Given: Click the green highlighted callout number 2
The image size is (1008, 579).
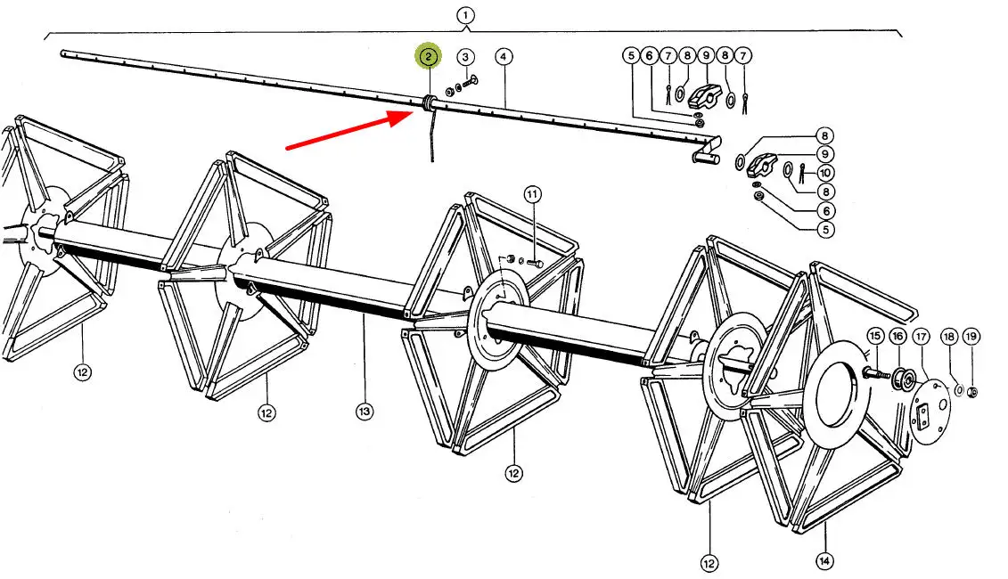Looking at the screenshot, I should tap(429, 56).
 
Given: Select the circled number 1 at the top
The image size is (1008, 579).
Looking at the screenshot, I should tap(465, 15).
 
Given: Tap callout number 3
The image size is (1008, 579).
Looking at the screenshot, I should tap(465, 57).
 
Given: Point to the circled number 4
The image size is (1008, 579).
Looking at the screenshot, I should tap(504, 57).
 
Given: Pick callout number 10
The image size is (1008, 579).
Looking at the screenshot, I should tap(826, 173).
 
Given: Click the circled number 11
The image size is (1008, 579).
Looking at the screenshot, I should tap(532, 194).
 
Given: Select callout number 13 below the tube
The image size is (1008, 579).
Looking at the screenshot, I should tap(364, 412).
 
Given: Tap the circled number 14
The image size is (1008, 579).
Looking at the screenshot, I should tap(824, 561).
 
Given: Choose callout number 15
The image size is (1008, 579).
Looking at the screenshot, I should tap(875, 336).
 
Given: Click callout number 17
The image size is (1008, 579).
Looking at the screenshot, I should tap(921, 336).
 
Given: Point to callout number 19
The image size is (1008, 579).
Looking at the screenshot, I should tap(971, 336).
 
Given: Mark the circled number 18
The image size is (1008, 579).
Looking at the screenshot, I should tap(949, 336).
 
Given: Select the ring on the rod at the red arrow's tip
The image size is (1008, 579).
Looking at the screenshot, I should tap(428, 104).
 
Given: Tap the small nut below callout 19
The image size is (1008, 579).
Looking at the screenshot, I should tap(973, 392).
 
